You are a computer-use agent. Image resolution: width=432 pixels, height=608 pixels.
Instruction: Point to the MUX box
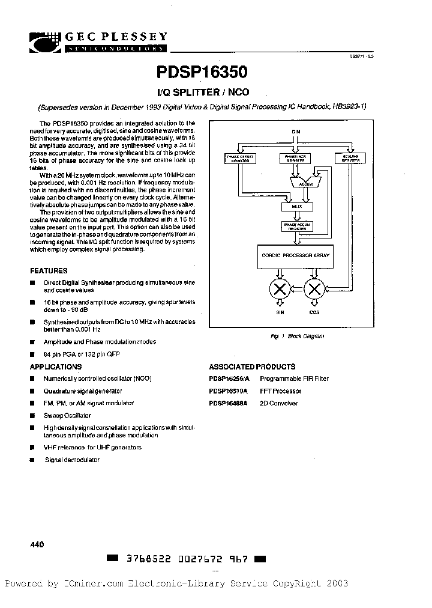[296, 206]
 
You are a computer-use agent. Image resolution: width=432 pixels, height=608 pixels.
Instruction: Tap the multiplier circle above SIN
[279, 289]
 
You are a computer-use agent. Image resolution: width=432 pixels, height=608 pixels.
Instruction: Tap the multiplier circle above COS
[314, 289]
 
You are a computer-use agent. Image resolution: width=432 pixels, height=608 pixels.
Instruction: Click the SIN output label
[279, 312]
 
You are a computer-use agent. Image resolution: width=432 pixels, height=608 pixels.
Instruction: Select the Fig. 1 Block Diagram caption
[297, 336]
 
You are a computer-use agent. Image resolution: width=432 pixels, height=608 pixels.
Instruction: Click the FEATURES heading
[49, 271]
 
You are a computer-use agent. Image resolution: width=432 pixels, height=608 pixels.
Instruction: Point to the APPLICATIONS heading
[56, 366]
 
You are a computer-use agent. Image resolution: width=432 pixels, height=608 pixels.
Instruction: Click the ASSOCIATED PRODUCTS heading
[252, 366]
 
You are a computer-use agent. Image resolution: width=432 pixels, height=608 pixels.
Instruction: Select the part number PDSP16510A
[229, 391]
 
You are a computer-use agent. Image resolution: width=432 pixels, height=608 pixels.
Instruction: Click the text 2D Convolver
[279, 403]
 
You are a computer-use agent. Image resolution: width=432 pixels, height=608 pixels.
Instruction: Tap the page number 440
[37, 544]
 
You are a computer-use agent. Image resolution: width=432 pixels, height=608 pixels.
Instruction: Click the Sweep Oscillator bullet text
[67, 415]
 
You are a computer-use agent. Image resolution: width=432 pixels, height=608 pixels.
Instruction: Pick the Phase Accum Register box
[296, 226]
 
